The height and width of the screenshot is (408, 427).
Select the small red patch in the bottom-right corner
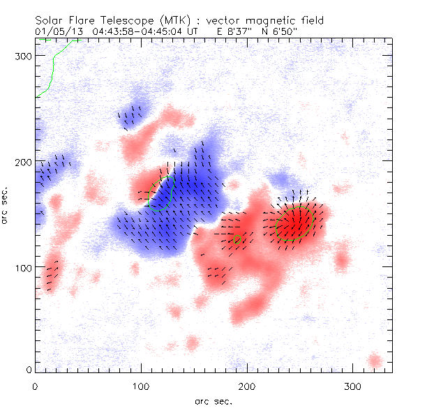pyautogui.click(x=375, y=361)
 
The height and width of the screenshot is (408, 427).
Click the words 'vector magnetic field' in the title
pyautogui.click(x=241, y=20)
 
